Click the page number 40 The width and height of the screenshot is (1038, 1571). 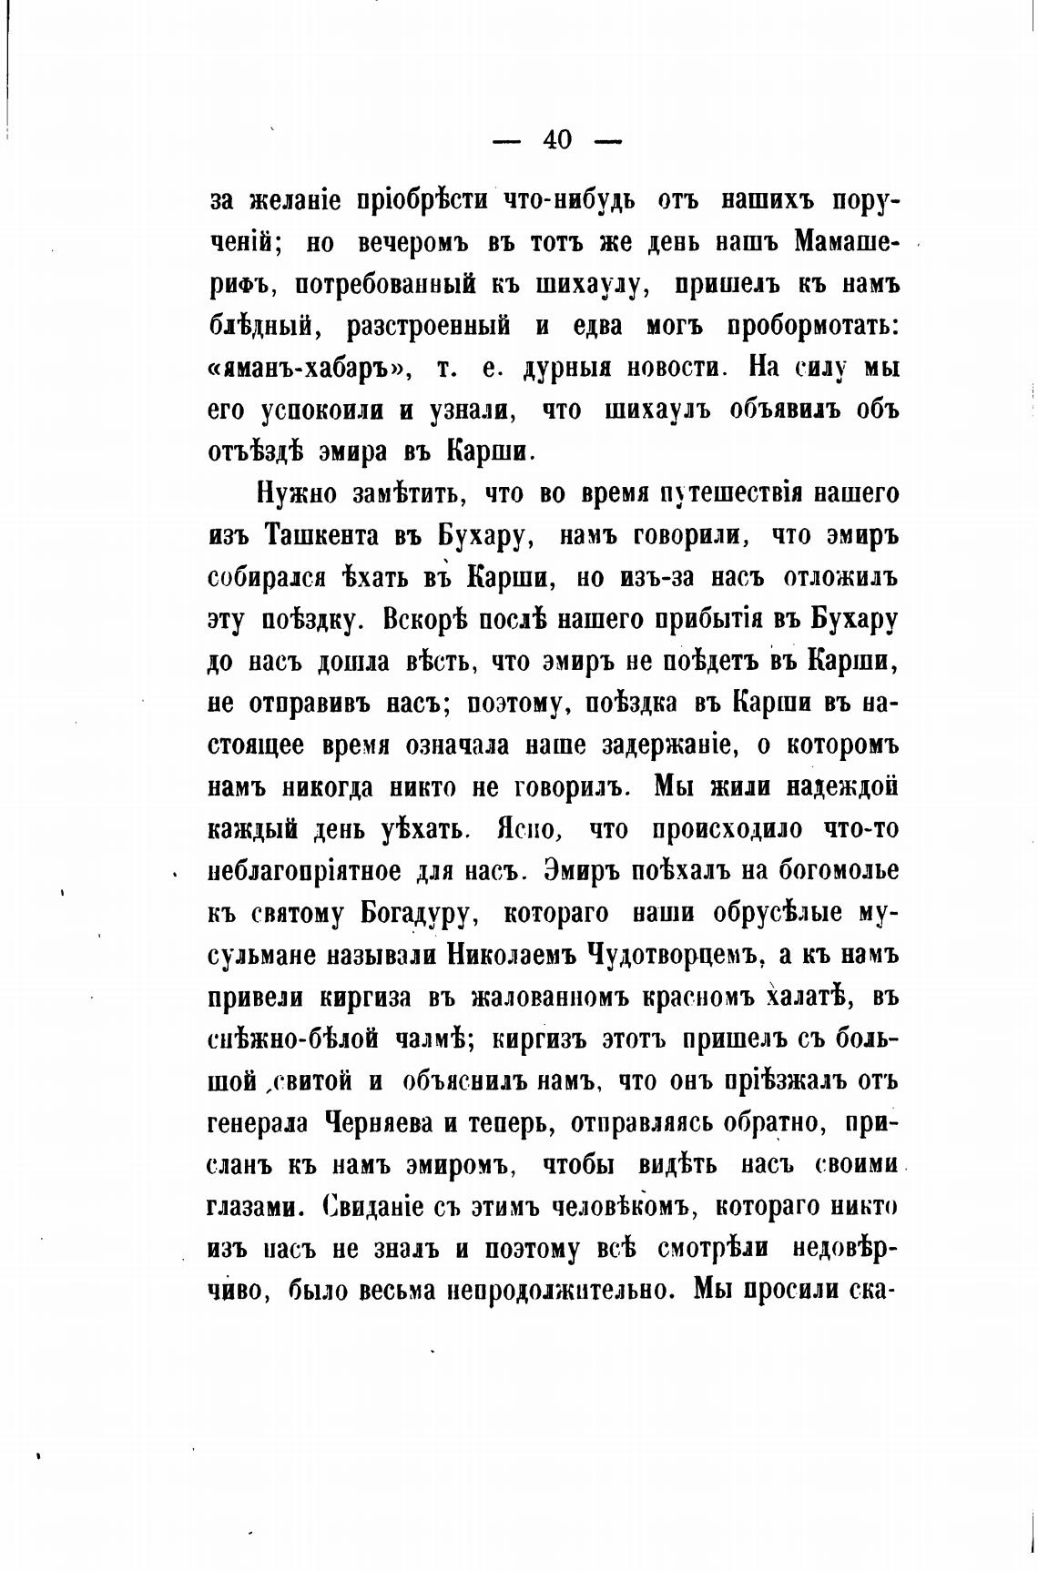click(x=556, y=140)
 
